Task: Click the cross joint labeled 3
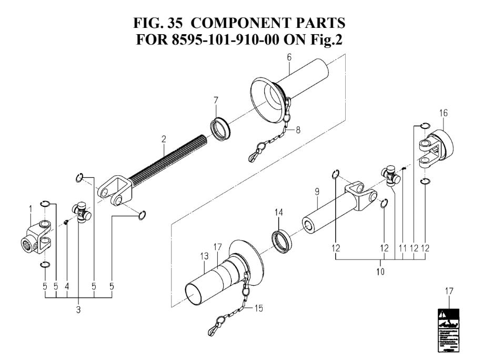tap(82, 212)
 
